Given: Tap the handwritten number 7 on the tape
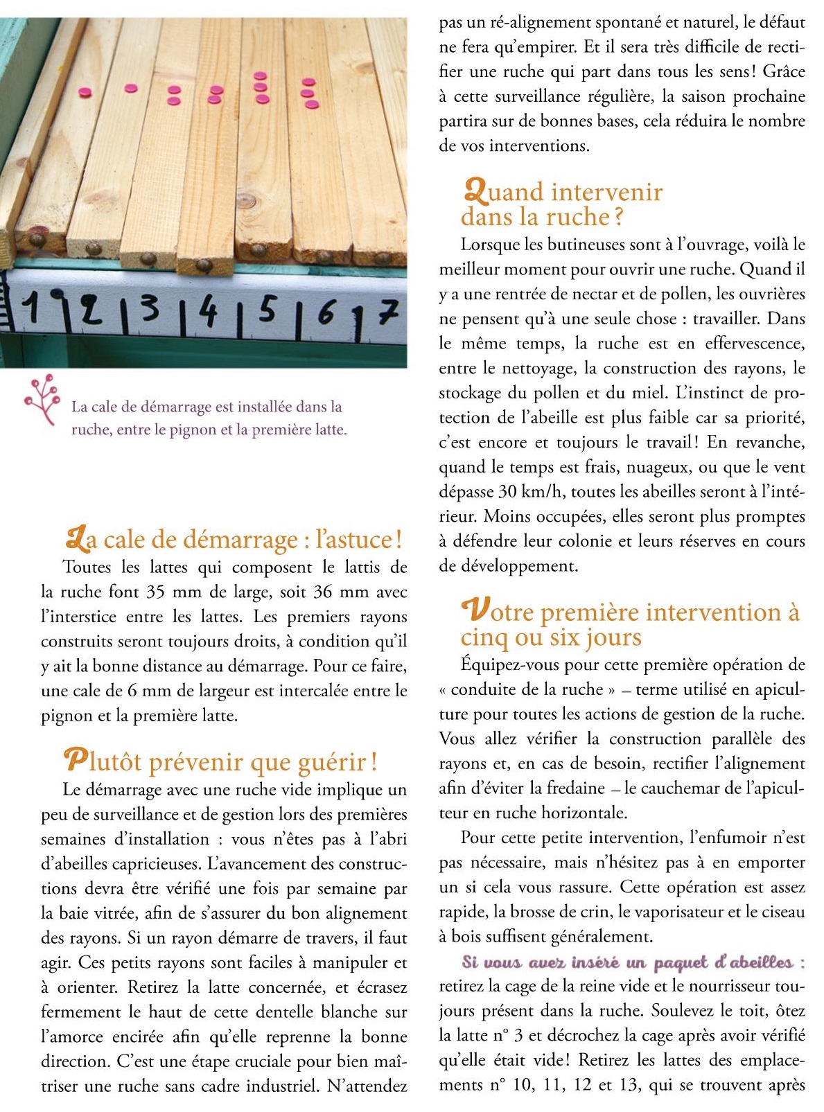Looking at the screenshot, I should (387, 315).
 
